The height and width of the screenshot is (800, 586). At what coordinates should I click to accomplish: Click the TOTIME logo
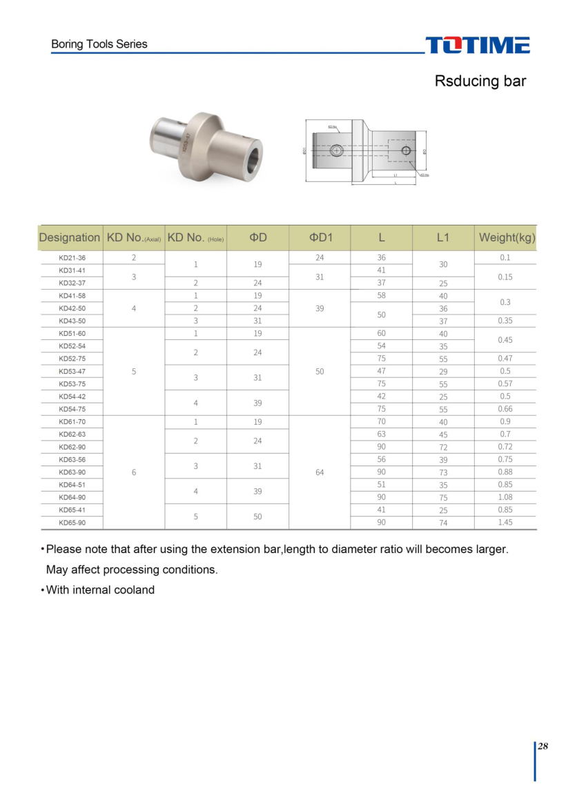point(478,45)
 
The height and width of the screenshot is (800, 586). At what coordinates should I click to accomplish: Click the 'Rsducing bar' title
point(480,81)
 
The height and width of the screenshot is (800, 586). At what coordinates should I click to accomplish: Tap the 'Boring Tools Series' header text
point(99,44)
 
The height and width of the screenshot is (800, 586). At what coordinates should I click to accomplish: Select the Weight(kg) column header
point(507,237)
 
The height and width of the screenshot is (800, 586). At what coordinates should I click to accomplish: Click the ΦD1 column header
point(320,237)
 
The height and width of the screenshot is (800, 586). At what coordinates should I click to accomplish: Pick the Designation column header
point(69,237)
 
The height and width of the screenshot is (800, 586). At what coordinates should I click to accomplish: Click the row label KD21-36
point(72,257)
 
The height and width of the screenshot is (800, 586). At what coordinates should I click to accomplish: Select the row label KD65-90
point(72,523)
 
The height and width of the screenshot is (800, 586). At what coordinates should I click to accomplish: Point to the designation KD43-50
point(72,321)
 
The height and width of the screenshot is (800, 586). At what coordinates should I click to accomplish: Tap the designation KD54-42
point(72,397)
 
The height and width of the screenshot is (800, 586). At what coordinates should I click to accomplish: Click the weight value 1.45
point(505,523)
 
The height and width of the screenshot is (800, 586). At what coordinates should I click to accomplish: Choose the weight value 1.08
point(505,497)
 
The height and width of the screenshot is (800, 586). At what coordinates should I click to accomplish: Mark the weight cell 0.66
point(505,409)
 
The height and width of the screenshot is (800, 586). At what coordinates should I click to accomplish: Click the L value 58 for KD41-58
point(381,295)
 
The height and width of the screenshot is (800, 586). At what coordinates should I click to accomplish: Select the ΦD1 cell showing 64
point(320,472)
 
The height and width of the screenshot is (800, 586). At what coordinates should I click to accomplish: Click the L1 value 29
point(443,372)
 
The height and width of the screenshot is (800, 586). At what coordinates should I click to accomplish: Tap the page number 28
point(543,746)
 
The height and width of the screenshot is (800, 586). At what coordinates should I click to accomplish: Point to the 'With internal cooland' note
point(99,590)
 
